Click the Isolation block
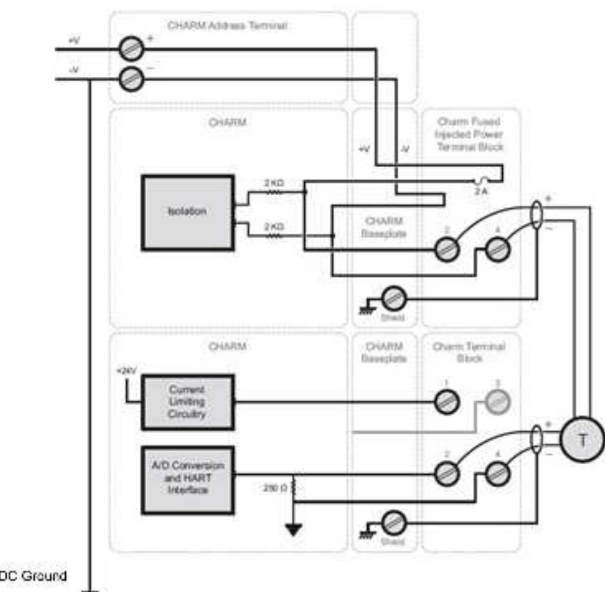188,212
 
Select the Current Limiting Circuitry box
188,402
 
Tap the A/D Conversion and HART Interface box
188,479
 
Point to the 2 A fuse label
481,192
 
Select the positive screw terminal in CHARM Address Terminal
132,49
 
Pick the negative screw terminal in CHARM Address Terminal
132,79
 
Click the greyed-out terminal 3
497,402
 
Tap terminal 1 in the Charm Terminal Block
446,402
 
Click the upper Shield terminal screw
394,299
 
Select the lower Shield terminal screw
394,523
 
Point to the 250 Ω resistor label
275,488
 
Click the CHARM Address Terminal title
227,25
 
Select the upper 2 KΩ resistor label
274,183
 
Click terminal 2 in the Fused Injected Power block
446,249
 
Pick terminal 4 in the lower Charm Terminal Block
497,473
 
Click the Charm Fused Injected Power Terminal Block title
469,134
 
